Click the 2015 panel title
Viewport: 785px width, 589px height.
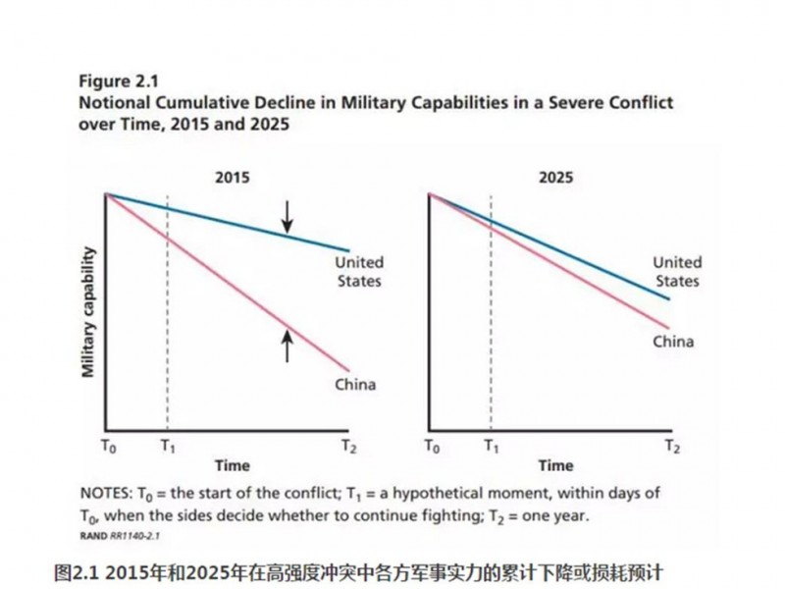pyautogui.click(x=232, y=179)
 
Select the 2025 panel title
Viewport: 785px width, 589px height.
pyautogui.click(x=555, y=179)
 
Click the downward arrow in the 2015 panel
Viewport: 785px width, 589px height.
pyautogui.click(x=288, y=216)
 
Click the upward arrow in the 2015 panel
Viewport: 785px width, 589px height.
pyautogui.click(x=288, y=346)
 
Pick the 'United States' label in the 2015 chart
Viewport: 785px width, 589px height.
pyautogui.click(x=358, y=272)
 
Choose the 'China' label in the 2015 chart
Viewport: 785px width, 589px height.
pyautogui.click(x=355, y=384)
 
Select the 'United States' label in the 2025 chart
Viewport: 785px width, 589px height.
pyautogui.click(x=677, y=272)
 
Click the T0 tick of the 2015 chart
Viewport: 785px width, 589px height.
pyautogui.click(x=107, y=446)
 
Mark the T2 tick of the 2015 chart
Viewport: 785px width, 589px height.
pyautogui.click(x=348, y=446)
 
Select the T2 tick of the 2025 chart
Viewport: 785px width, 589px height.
pyautogui.click(x=671, y=446)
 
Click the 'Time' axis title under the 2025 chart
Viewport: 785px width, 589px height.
pyautogui.click(x=555, y=465)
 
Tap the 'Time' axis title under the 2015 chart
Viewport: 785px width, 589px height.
pyautogui.click(x=233, y=465)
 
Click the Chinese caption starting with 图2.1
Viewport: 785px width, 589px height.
pyautogui.click(x=363, y=569)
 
